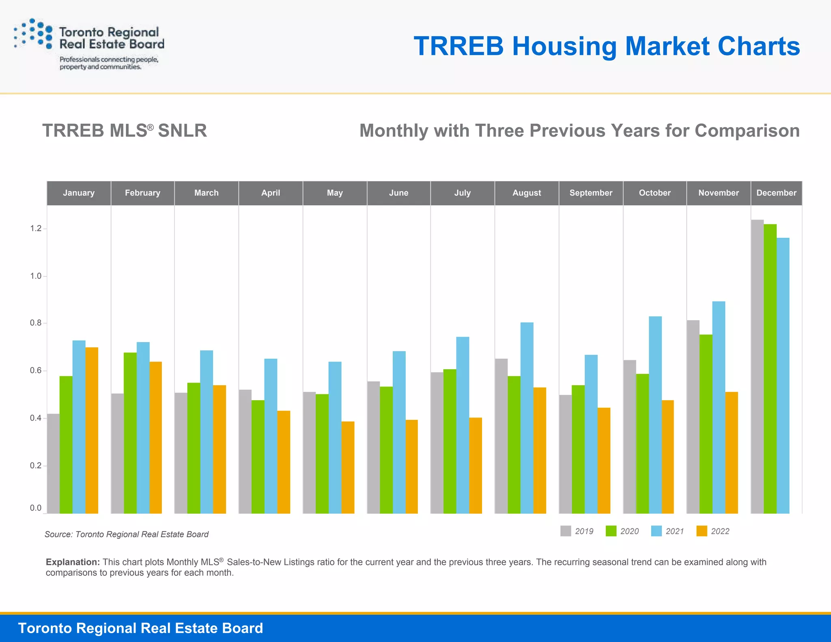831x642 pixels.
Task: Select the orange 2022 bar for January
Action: click(92, 430)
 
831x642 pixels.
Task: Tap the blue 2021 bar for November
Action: click(719, 407)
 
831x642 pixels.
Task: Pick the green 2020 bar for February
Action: click(130, 433)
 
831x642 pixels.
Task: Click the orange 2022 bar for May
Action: click(348, 467)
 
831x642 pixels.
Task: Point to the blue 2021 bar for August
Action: click(527, 418)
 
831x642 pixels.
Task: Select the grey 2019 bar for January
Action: click(53, 463)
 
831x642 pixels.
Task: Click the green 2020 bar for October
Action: click(642, 444)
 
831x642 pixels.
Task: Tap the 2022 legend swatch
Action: click(702, 531)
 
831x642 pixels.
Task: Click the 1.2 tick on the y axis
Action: click(36, 228)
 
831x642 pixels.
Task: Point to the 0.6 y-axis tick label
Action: click(36, 371)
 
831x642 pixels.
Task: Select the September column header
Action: click(591, 193)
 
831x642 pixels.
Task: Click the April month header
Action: click(271, 193)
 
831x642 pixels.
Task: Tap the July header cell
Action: click(463, 193)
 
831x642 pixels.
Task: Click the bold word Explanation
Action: click(73, 562)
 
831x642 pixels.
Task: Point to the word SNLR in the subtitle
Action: click(182, 131)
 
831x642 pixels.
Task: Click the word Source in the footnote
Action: click(58, 534)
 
